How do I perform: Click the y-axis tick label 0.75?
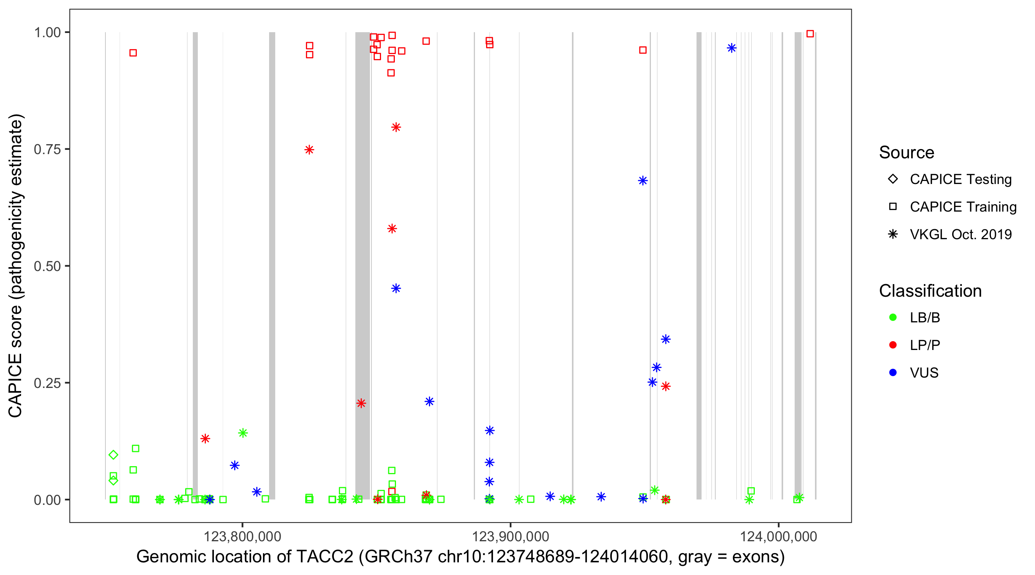pos(47,149)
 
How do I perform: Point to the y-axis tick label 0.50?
pos(47,266)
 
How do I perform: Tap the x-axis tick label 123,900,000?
pos(510,536)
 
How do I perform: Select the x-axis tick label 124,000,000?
pos(778,536)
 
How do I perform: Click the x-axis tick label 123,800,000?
pos(242,536)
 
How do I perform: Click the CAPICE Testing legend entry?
pos(960,179)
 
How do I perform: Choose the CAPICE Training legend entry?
pos(963,207)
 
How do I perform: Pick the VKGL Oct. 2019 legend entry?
pos(960,234)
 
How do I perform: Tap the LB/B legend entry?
pos(925,317)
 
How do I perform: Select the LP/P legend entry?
pos(925,345)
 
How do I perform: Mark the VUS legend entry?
pos(924,373)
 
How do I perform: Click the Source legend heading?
pos(907,153)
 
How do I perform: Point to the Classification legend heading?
pos(930,291)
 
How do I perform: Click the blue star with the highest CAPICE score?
pos(732,48)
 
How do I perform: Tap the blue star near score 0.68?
pos(643,181)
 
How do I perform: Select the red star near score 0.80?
pos(396,127)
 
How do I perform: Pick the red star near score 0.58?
pos(392,228)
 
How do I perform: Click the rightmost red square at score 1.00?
pos(810,34)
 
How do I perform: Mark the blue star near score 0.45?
pos(396,289)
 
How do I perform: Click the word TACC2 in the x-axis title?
pos(325,557)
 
